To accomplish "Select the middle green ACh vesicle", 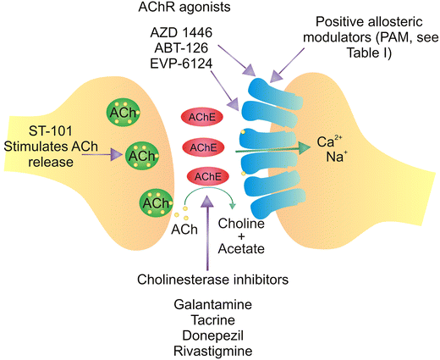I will (x=141, y=157).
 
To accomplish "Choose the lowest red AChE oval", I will (x=207, y=177).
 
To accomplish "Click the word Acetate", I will (x=241, y=249).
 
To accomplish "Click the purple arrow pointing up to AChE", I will (x=206, y=229).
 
